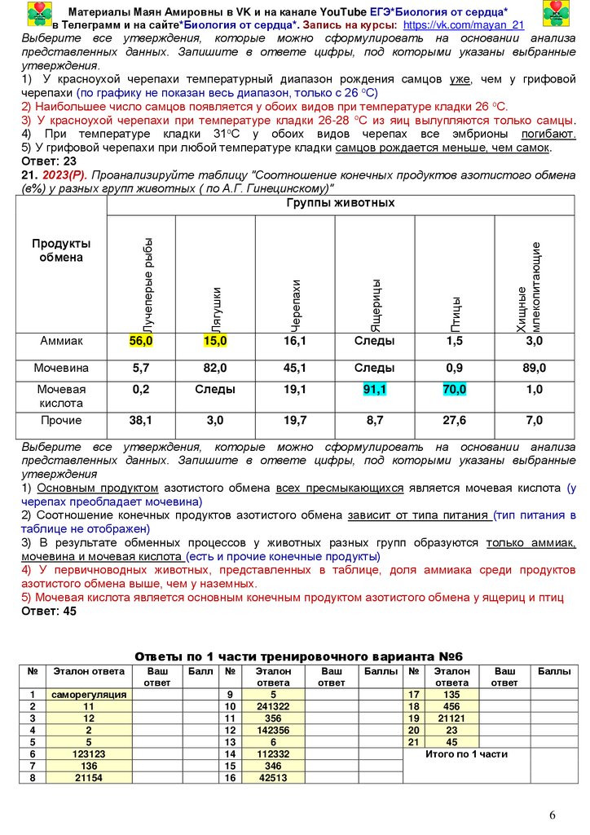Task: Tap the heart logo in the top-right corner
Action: point(557,14)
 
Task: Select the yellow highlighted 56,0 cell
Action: point(141,341)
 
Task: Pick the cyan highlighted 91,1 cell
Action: point(374,390)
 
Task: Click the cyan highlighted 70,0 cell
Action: point(455,390)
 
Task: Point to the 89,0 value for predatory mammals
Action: point(534,369)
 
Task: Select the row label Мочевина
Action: point(62,369)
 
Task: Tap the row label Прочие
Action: point(62,421)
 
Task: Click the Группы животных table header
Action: point(340,203)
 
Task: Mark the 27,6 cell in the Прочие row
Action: point(455,421)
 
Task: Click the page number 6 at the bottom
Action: point(553,815)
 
